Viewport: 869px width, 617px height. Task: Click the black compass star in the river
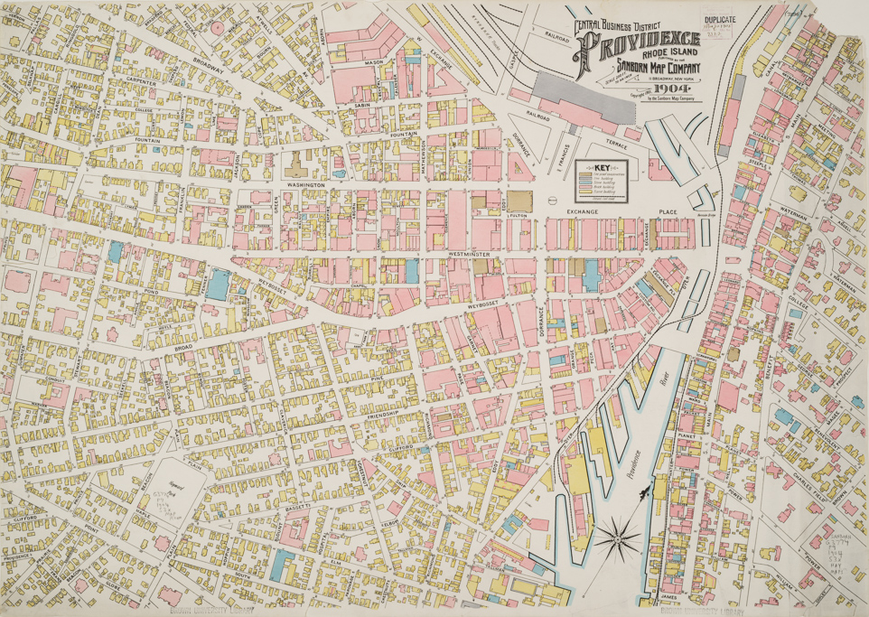[x=618, y=539]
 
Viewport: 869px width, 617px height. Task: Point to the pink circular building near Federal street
[x=217, y=28]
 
